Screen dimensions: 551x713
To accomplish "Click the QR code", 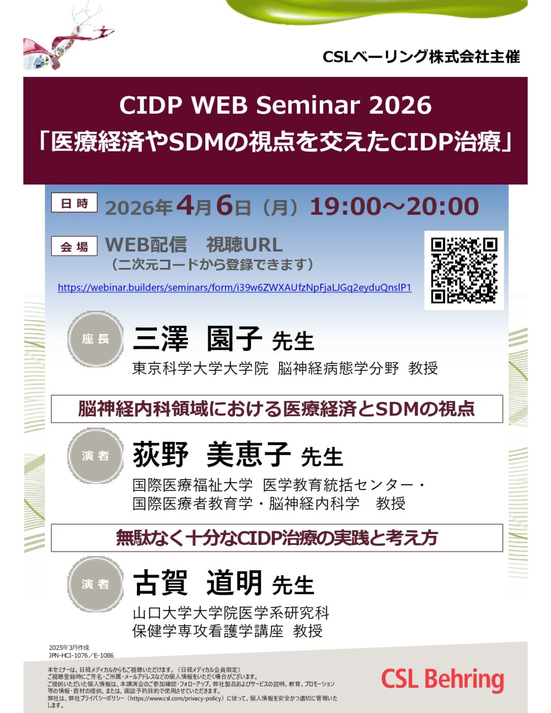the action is tap(464, 270).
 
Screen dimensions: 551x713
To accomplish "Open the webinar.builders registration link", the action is tap(234, 287).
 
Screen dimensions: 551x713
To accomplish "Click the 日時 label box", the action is tap(74, 203).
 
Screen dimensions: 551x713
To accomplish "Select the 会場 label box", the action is tap(74, 246).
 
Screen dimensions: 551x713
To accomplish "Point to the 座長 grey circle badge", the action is tap(95, 339).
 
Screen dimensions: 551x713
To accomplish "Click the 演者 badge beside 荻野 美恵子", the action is tap(95, 456).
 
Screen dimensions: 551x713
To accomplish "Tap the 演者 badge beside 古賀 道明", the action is tap(95, 584).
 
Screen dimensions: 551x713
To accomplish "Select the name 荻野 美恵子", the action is tap(212, 455).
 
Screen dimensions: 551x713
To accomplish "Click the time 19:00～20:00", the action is tap(394, 206).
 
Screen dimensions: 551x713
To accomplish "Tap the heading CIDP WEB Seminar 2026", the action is tap(275, 105).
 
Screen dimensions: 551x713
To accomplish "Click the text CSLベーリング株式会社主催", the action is tap(422, 57).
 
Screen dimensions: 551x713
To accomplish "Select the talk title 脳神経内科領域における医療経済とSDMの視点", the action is tap(277, 409).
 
